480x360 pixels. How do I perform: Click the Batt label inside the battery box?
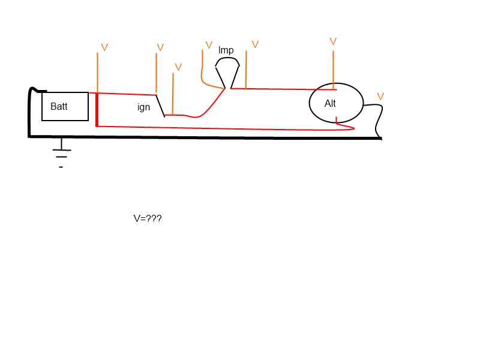[59, 106]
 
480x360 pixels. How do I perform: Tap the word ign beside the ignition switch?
[143, 107]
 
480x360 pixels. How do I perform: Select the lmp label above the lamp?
[226, 50]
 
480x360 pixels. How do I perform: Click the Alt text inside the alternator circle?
[330, 103]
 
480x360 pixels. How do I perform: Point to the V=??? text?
[148, 218]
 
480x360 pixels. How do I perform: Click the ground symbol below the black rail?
[62, 153]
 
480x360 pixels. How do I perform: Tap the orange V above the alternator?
[333, 41]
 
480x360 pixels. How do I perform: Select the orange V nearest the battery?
[104, 47]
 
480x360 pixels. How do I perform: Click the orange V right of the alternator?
[380, 97]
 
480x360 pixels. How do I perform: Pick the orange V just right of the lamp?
[255, 44]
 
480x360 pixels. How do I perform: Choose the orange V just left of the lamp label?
[209, 45]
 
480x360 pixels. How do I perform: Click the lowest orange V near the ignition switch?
[178, 67]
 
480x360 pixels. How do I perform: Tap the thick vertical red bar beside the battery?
[97, 110]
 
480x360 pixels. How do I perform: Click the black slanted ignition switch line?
[160, 106]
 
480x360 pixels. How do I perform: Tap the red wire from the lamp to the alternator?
[283, 89]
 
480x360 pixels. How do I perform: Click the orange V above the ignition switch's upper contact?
[160, 47]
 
